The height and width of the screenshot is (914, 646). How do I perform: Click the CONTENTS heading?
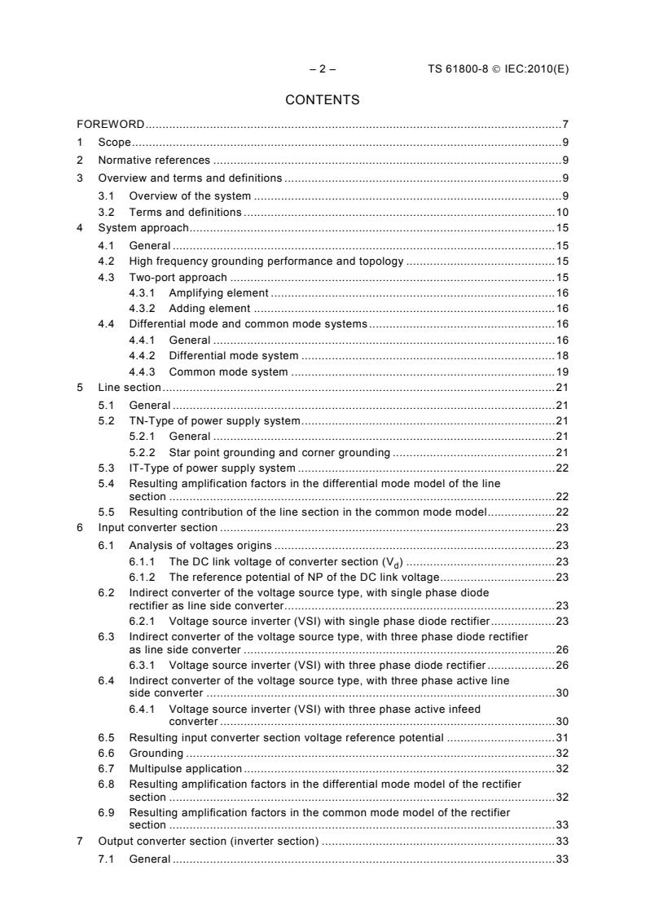click(x=322, y=100)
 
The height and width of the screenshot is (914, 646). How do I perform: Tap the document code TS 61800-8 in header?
click(x=461, y=69)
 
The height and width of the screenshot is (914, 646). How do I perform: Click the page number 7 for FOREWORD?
click(x=565, y=125)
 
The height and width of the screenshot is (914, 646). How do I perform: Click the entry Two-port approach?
click(x=178, y=278)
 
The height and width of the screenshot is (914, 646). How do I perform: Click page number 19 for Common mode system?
click(x=561, y=371)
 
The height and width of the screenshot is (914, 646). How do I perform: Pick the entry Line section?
click(x=130, y=388)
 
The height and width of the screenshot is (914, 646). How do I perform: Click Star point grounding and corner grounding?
click(x=279, y=451)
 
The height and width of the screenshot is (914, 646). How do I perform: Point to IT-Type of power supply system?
click(x=212, y=468)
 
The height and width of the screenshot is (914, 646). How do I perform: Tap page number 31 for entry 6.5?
click(x=561, y=737)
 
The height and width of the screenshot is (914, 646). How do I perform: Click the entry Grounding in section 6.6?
click(x=156, y=753)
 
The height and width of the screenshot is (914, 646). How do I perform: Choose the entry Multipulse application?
click(x=185, y=768)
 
